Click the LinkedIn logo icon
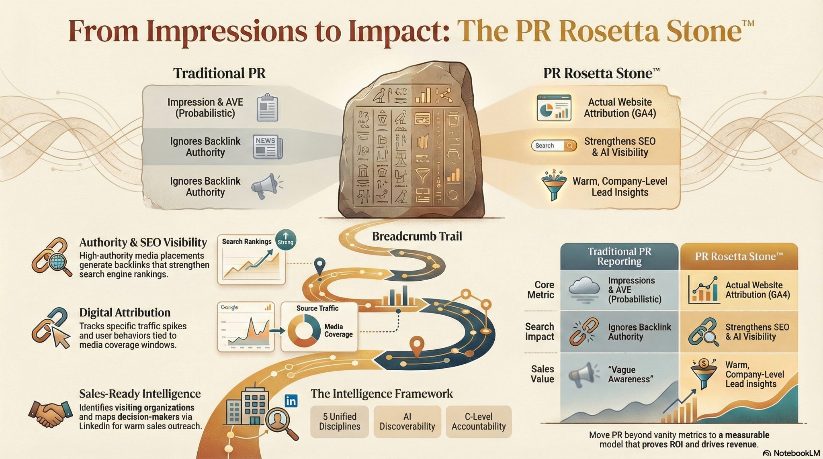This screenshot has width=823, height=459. click(x=291, y=401)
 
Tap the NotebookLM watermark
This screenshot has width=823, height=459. click(x=791, y=453)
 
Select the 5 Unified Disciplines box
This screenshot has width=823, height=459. click(x=340, y=421)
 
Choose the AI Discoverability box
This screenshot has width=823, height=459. click(x=407, y=421)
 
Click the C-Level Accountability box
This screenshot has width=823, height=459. click(x=478, y=421)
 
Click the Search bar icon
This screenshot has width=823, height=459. click(x=553, y=145)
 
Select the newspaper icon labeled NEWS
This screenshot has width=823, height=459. click(x=268, y=146)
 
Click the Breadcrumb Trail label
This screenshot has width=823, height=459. click(x=417, y=236)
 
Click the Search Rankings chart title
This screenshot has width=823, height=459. click(x=247, y=241)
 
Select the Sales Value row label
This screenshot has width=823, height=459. click(x=542, y=374)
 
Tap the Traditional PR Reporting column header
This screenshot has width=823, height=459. click(x=619, y=256)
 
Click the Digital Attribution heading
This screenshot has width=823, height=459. click(x=125, y=312)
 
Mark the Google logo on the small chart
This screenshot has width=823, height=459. click(x=229, y=308)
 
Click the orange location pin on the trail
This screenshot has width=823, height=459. click(x=418, y=346)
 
